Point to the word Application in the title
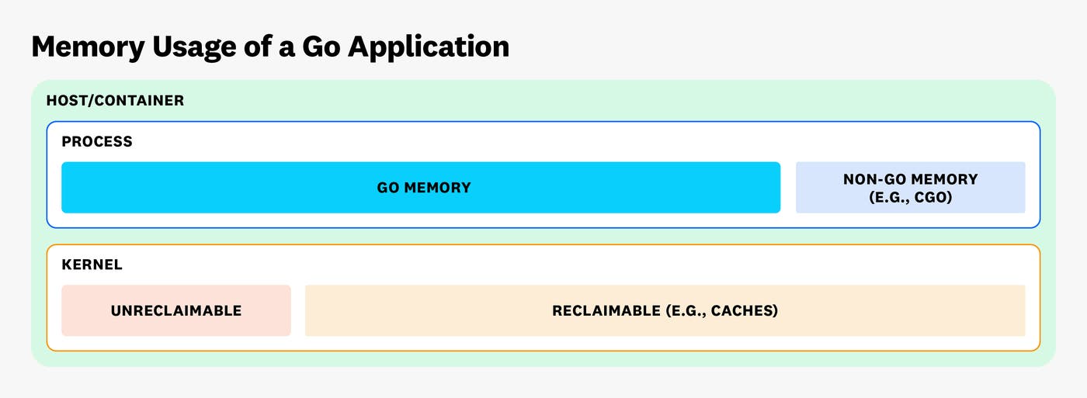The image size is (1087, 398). tap(429, 47)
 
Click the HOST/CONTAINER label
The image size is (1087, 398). tap(115, 101)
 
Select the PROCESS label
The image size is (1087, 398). tap(97, 142)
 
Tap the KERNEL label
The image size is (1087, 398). tap(92, 265)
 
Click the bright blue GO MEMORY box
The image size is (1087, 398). tap(233, 188)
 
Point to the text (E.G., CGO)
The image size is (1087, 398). tap(910, 197)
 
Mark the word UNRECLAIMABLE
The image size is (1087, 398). tap(176, 311)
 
